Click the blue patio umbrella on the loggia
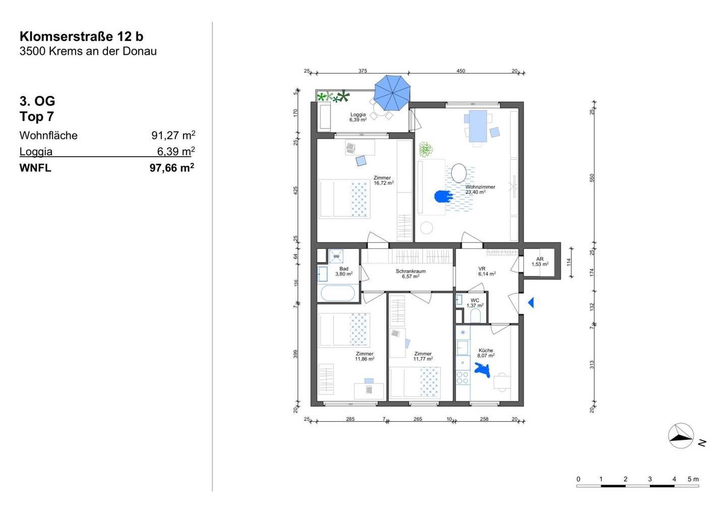click(392, 93)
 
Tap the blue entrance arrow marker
click(531, 303)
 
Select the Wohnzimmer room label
click(480, 187)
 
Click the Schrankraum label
click(410, 271)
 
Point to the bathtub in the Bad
click(337, 293)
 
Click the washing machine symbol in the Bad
click(336, 256)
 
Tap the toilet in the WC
click(475, 316)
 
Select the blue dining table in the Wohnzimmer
click(478, 126)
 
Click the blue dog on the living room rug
click(443, 196)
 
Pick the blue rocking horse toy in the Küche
click(482, 370)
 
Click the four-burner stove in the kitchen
click(462, 377)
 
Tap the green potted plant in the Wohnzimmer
click(426, 150)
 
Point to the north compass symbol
click(681, 436)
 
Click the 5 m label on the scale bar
click(693, 479)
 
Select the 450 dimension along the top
click(461, 71)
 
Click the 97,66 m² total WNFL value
click(172, 167)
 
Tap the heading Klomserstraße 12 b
click(81, 36)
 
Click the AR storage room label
click(539, 259)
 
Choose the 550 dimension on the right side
click(591, 178)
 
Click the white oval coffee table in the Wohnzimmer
click(459, 173)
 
